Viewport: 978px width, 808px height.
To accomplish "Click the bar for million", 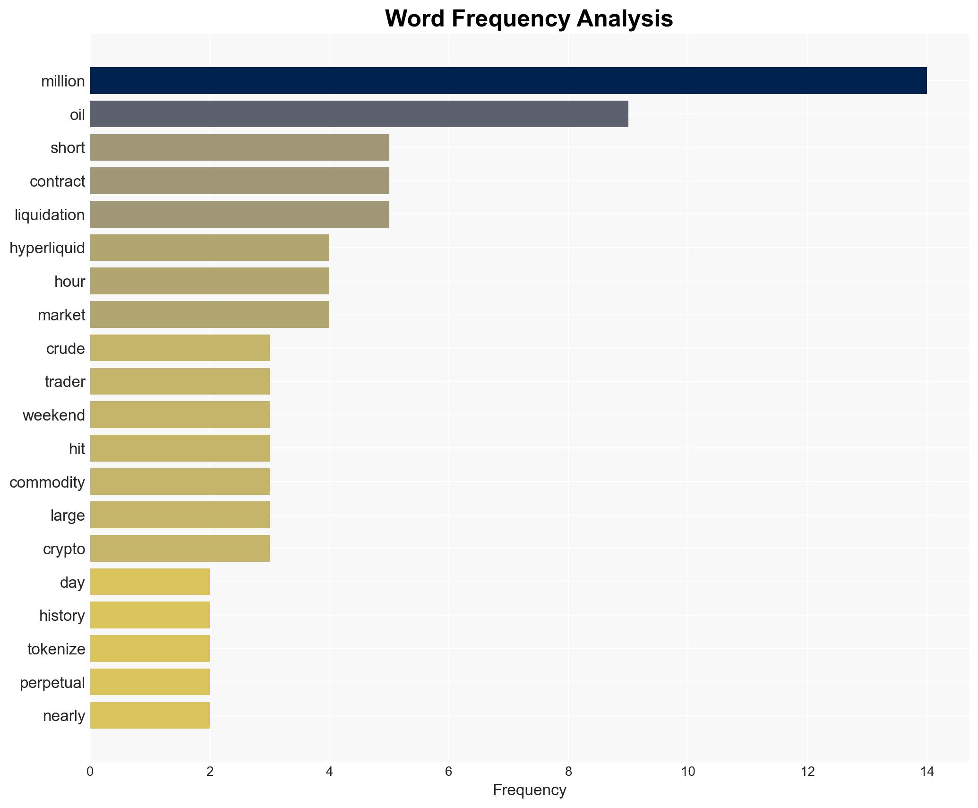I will (508, 81).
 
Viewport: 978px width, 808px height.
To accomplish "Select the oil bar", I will (359, 114).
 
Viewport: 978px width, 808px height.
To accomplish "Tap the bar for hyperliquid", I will (210, 248).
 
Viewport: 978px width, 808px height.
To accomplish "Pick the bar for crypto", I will (180, 548).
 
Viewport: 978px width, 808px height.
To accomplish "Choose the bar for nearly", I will (150, 715).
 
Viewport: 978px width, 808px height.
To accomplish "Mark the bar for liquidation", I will (240, 214).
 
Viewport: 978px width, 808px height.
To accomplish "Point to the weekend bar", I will (180, 414).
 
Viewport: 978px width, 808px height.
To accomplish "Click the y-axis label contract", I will (57, 181).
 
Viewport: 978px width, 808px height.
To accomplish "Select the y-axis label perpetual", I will (52, 683).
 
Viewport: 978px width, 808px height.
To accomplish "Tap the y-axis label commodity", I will (47, 482).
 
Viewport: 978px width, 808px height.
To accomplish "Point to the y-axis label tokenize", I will (56, 649).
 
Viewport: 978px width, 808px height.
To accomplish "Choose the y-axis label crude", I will (65, 349).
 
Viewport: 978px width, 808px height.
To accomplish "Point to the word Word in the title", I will (414, 19).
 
